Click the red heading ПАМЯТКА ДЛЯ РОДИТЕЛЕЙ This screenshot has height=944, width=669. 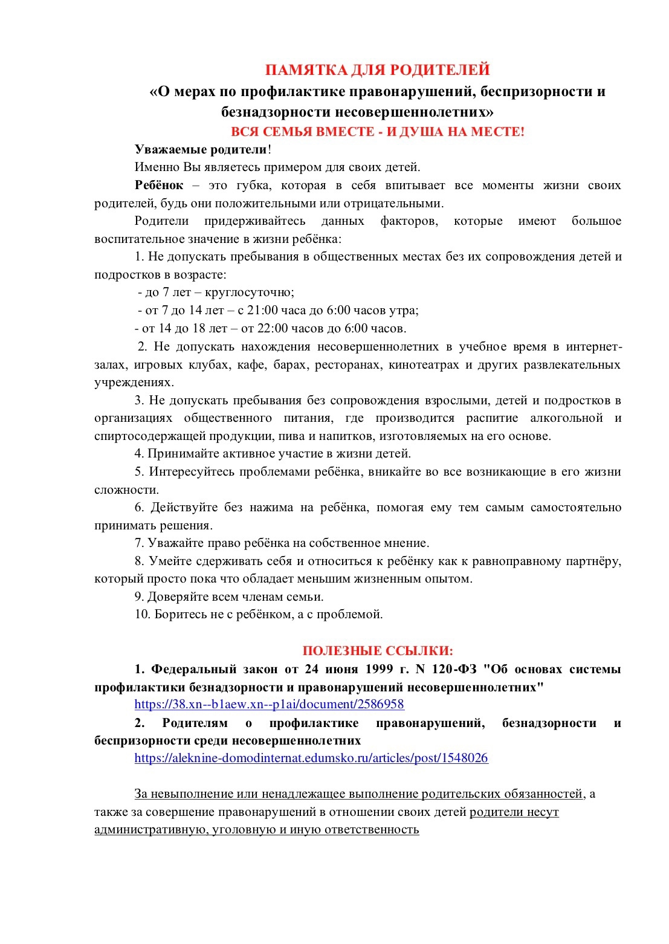[x=377, y=70]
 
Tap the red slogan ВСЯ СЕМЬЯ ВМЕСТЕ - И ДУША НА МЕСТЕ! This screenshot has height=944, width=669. [x=377, y=132]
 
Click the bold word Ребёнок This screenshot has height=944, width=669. [x=159, y=185]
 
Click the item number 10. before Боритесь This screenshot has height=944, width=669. [x=143, y=614]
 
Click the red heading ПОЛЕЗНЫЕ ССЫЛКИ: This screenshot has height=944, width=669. [x=378, y=650]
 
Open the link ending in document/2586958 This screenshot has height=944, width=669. [x=269, y=704]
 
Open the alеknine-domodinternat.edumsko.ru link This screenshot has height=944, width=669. [x=311, y=758]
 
